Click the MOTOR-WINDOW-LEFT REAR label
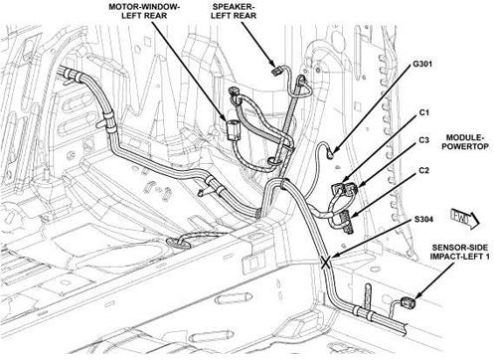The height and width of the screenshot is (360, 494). [144, 11]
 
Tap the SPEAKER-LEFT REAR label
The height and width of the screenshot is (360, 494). [234, 11]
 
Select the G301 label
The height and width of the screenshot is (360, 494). [422, 64]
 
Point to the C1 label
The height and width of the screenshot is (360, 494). [424, 112]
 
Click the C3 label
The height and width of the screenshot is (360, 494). [424, 140]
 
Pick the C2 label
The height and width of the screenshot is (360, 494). [424, 170]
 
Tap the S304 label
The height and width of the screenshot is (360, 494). [423, 219]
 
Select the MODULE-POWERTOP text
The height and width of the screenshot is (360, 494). [465, 142]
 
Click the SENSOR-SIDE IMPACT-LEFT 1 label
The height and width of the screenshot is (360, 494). [460, 252]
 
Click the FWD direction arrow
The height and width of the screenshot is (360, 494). [465, 219]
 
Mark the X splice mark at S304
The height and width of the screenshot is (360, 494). [325, 263]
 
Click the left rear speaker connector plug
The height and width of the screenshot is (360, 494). [277, 71]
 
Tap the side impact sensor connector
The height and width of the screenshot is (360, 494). [407, 302]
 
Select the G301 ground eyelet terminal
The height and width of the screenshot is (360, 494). [330, 153]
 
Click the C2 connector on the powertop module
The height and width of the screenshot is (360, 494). [345, 221]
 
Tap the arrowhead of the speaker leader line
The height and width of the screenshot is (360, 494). [272, 63]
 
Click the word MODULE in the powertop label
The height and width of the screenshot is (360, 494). [464, 137]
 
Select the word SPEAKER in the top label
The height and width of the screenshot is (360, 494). [233, 7]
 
